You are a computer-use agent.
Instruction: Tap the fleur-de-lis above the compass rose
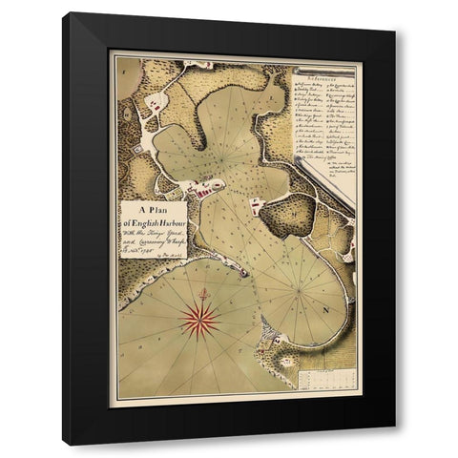coord(202,290)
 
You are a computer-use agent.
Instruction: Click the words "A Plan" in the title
coord(153,211)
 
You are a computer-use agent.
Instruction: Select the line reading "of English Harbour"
coord(154,223)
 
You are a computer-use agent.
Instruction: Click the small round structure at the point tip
coord(245,272)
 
